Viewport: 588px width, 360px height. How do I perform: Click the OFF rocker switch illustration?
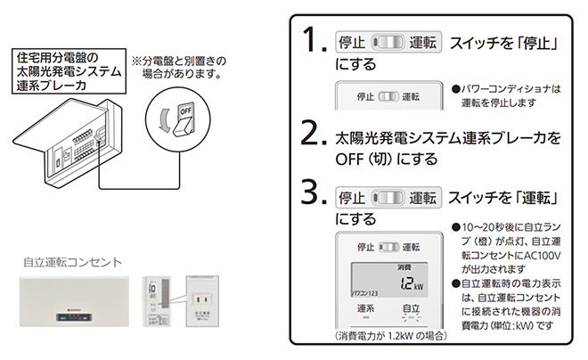pos(184,119)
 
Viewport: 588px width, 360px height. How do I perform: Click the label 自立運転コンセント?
pos(73,263)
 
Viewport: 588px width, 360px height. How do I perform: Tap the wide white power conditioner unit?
pos(74,301)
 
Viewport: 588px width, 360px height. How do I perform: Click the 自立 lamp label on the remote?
pos(410,307)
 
